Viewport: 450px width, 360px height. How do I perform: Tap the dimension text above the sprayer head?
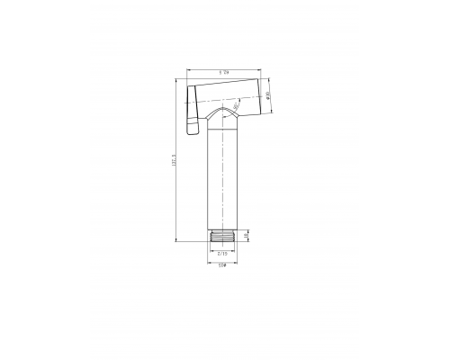[x=221, y=72]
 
